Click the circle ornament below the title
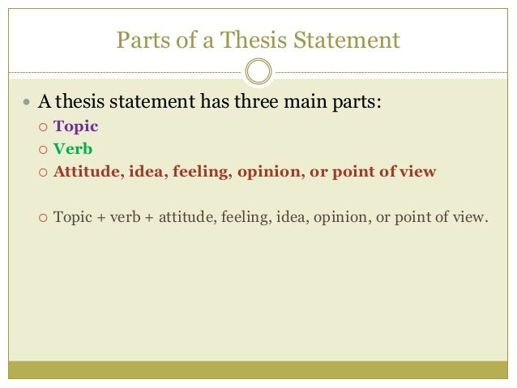point(258,71)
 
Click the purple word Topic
point(75,127)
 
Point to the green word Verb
point(72,150)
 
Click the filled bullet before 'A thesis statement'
point(28,104)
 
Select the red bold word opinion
point(267,172)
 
